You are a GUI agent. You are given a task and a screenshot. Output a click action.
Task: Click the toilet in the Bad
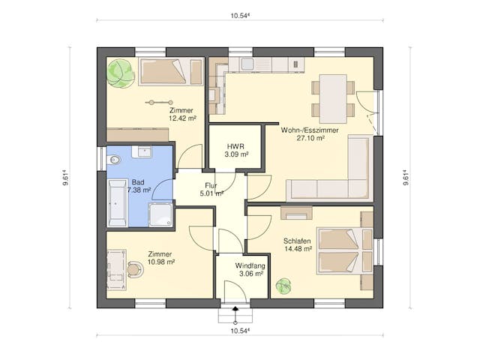click(115, 160)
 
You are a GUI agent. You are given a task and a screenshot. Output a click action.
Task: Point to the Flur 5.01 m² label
click(212, 188)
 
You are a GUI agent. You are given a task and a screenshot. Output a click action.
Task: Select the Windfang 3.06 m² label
click(249, 270)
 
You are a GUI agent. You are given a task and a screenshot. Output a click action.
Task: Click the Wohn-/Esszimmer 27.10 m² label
click(310, 133)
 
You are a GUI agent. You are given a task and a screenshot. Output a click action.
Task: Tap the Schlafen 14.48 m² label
click(298, 244)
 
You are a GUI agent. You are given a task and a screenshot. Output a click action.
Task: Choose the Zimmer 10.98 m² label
click(160, 258)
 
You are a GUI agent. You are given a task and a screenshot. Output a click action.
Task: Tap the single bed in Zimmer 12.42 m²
click(170, 72)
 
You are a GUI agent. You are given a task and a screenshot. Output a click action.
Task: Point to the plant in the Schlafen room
click(284, 286)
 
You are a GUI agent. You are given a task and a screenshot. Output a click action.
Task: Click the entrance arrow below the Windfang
click(235, 308)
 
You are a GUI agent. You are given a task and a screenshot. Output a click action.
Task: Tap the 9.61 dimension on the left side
click(67, 178)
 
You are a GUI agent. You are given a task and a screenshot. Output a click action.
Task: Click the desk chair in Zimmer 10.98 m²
click(134, 268)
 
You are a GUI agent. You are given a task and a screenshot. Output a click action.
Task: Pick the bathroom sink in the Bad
click(142, 152)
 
